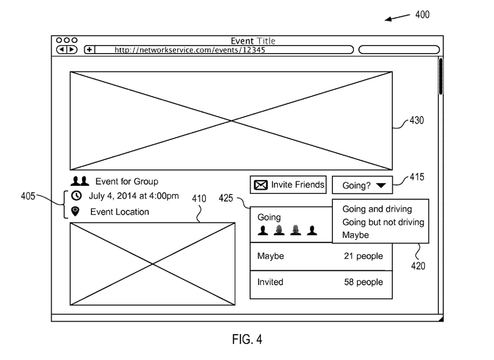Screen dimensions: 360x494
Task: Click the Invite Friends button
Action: point(288,185)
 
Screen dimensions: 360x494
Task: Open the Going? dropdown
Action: point(362,185)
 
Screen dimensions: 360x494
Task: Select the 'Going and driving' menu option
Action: point(377,209)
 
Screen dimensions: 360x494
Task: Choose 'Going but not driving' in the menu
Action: point(383,222)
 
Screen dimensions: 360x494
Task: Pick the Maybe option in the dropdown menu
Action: point(355,235)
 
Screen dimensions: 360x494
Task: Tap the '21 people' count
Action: point(363,256)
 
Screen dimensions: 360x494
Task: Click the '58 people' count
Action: point(363,282)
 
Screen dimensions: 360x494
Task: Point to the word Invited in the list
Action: point(270,282)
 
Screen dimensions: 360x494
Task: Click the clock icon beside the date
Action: point(76,196)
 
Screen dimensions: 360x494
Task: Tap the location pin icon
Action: point(75,212)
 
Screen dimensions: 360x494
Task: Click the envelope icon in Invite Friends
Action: point(261,185)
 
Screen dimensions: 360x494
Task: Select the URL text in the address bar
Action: point(189,50)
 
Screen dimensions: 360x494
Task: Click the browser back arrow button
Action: point(62,50)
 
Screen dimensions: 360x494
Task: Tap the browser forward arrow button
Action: point(72,50)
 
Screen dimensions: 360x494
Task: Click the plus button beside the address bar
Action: point(89,50)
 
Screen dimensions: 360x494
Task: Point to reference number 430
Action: point(416,120)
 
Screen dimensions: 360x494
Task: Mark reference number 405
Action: point(28,196)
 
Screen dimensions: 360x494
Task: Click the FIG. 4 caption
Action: point(247,339)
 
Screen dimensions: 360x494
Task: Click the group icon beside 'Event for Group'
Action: point(80,181)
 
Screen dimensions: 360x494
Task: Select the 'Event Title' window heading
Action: point(253,41)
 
